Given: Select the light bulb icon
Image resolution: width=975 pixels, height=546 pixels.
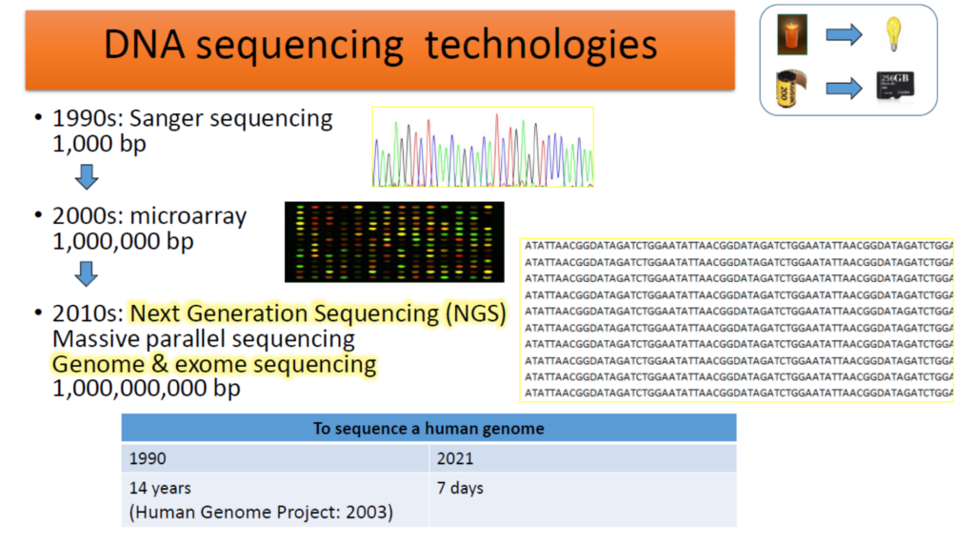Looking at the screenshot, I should [x=894, y=34].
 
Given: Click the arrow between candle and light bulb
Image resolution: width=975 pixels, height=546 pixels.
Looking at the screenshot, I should [x=843, y=35].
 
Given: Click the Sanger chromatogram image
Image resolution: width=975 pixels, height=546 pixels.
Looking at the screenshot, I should [x=483, y=147].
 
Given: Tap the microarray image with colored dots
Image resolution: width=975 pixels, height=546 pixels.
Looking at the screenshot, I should [x=394, y=242].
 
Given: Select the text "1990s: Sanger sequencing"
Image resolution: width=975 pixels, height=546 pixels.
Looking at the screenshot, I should [x=192, y=119].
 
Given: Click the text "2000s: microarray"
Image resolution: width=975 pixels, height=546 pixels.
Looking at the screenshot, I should [x=149, y=216].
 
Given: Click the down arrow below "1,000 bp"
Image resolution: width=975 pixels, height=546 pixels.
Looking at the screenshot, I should [x=87, y=175].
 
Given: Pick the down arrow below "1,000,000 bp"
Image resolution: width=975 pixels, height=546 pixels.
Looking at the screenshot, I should [x=87, y=273].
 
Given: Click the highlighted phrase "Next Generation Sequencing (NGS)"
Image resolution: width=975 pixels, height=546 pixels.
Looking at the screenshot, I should [x=318, y=313].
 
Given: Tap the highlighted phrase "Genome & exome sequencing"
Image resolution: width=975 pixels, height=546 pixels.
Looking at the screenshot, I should [x=214, y=364].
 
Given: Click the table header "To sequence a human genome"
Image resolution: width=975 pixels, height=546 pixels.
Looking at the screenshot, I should [x=428, y=428].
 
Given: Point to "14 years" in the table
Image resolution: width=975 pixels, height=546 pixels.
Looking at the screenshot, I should [x=160, y=488].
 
